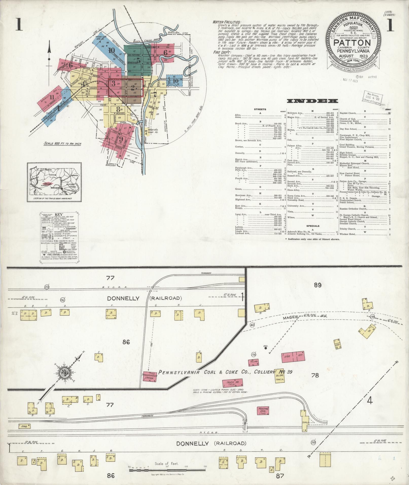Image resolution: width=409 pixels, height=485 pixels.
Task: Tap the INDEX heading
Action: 312,101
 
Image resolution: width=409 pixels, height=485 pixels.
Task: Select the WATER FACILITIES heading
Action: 227,22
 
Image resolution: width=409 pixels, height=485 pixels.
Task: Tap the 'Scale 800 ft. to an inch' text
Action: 62,144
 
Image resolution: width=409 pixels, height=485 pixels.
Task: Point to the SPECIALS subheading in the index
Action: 312,226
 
